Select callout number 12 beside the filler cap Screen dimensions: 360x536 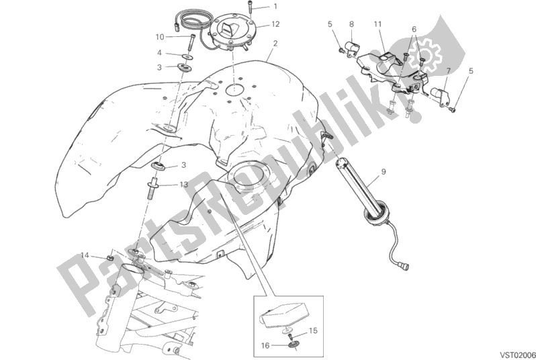click(x=275, y=24)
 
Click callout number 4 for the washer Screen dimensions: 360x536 click(x=160, y=52)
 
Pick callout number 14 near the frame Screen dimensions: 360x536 click(x=85, y=255)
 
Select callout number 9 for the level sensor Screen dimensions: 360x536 click(x=384, y=173)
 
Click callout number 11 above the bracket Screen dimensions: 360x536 click(x=378, y=24)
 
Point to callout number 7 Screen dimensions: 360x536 click(x=448, y=69)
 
